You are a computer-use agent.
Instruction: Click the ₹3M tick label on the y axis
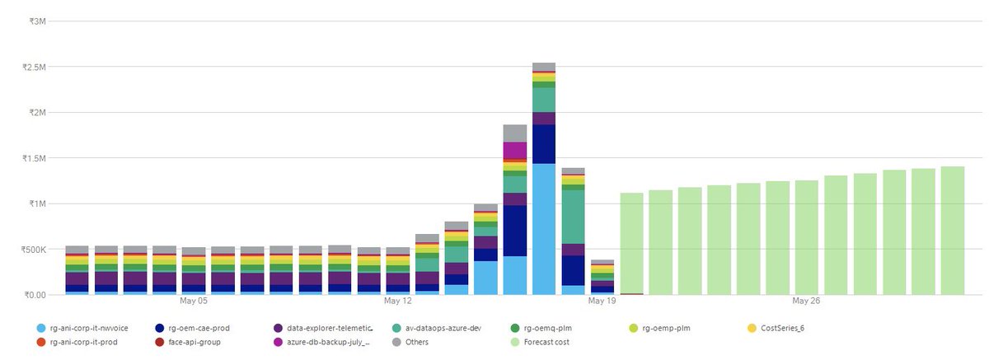coord(38,21)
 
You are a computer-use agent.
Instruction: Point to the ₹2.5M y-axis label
coord(34,67)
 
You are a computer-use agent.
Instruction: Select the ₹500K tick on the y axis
coord(34,250)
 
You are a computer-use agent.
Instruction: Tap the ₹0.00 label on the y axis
coord(35,295)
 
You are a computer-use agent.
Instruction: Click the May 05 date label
coord(194,301)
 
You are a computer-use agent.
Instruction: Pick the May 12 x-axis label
coord(397,301)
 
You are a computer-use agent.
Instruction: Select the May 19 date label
coord(602,301)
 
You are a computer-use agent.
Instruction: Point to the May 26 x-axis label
coord(806,301)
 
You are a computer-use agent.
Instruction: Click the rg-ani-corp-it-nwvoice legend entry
coord(82,328)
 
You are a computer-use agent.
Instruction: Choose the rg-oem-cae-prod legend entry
coord(193,328)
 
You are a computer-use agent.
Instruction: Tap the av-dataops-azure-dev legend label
coord(443,328)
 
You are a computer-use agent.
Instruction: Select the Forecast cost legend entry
coord(540,342)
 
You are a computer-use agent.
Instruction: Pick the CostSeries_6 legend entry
coord(776,328)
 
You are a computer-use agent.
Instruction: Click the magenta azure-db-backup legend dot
coord(279,342)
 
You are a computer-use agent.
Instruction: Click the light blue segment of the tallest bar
coord(544,229)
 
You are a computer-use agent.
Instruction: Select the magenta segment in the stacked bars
coord(515,151)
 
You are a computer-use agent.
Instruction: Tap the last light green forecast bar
coord(953,231)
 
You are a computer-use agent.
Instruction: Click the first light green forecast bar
coord(631,244)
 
